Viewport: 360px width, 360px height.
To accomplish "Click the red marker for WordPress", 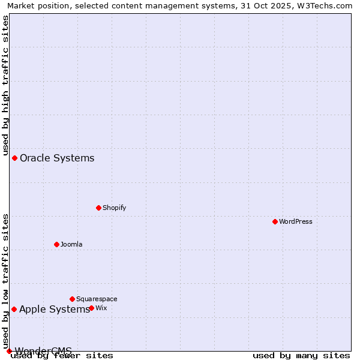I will (275, 221).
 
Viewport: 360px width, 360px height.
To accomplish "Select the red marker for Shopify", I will (98, 208).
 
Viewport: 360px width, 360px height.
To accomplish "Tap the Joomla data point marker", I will (56, 244).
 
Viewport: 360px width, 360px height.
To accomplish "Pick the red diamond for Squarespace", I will (72, 299).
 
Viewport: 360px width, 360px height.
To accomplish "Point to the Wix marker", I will (91, 308).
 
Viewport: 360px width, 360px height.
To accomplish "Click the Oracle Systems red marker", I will (14, 158).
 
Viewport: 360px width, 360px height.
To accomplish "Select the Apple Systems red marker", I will (14, 309).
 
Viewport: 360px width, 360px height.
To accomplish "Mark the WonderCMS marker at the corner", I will (9, 351).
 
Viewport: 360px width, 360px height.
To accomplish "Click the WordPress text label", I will (296, 221).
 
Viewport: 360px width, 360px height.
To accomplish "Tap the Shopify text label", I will (114, 208).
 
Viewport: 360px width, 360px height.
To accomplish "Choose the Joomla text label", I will (71, 244).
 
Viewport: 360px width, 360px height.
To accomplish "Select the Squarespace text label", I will (97, 299).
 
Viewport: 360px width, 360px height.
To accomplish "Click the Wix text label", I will (101, 308).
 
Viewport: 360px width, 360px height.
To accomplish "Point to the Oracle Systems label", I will (57, 158).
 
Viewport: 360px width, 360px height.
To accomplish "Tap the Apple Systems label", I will (55, 310).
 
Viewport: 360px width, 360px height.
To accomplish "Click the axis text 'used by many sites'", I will (301, 356).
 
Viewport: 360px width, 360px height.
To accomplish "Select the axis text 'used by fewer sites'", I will (62, 356).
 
